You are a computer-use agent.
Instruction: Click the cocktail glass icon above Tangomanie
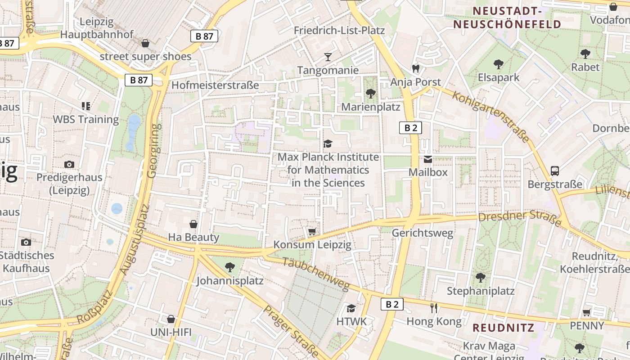click(x=328, y=57)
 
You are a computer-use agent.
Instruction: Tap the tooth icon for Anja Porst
click(x=415, y=68)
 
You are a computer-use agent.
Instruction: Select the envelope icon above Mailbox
click(x=427, y=159)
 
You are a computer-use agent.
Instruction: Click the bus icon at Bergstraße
click(x=555, y=171)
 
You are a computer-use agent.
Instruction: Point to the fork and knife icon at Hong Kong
click(x=434, y=308)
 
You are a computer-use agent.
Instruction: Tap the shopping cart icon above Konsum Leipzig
click(x=312, y=231)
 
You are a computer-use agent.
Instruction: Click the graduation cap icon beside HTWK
click(x=351, y=308)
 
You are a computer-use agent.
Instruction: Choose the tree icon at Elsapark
click(x=498, y=64)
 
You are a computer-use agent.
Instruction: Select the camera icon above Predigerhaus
click(x=69, y=164)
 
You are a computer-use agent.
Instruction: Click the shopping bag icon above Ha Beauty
click(x=193, y=224)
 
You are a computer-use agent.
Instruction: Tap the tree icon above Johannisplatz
click(x=229, y=267)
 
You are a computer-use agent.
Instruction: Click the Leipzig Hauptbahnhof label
click(x=97, y=28)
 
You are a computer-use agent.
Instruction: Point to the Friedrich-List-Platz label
click(x=339, y=30)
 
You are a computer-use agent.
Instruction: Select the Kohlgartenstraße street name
click(x=491, y=117)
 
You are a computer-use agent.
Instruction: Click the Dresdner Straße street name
click(x=520, y=219)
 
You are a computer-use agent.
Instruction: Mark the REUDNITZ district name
click(x=503, y=327)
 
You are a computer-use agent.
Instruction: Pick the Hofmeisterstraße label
click(x=215, y=85)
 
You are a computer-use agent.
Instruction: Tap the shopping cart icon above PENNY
click(x=587, y=312)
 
